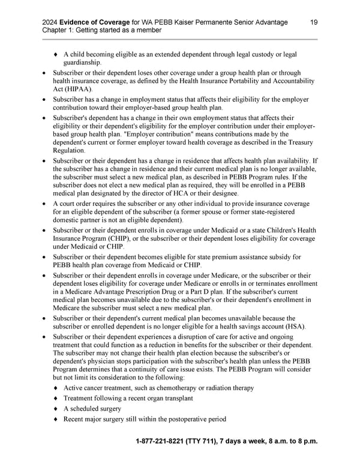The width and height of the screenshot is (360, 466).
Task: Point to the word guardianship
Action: (83, 62)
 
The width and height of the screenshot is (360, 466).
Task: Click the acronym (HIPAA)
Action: (65, 89)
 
